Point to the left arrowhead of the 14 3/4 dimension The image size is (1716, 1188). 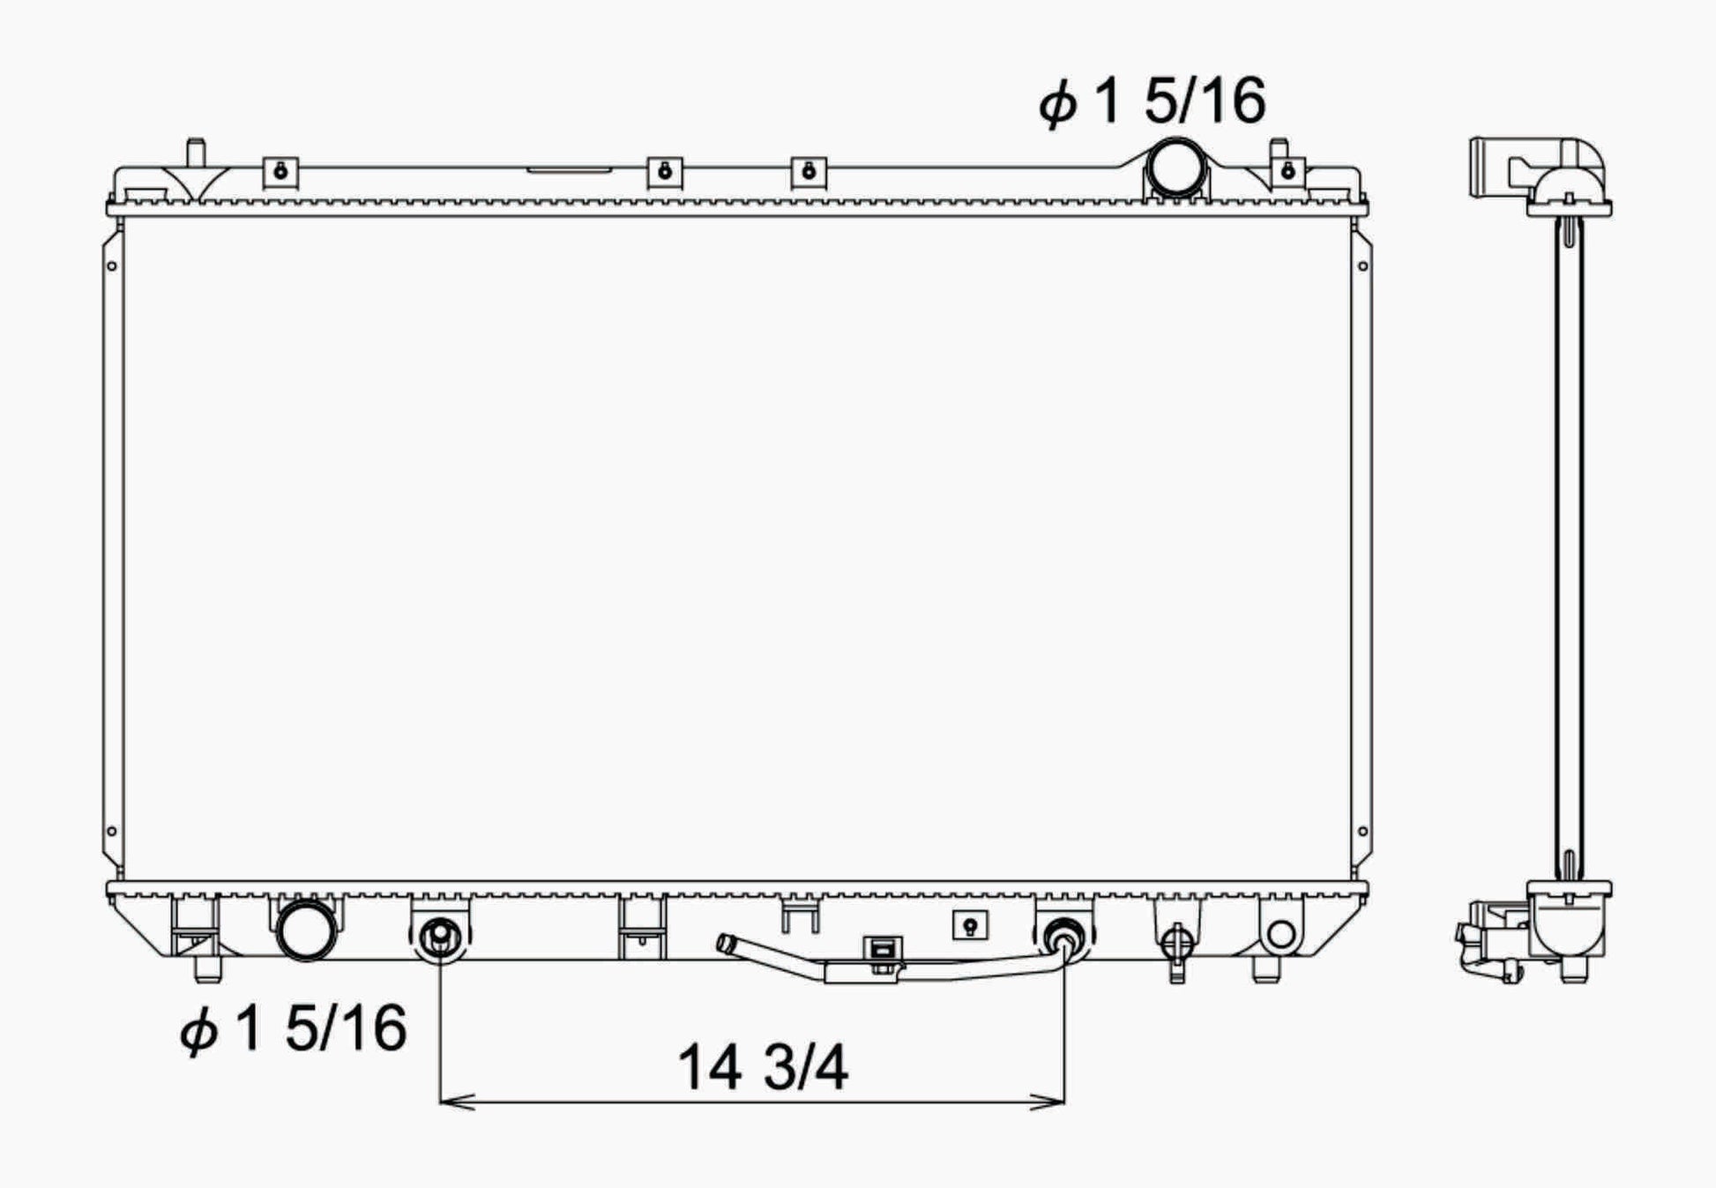click(x=457, y=1101)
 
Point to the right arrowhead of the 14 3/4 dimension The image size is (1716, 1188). click(x=1048, y=1101)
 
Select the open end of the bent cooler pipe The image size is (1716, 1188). click(x=725, y=943)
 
